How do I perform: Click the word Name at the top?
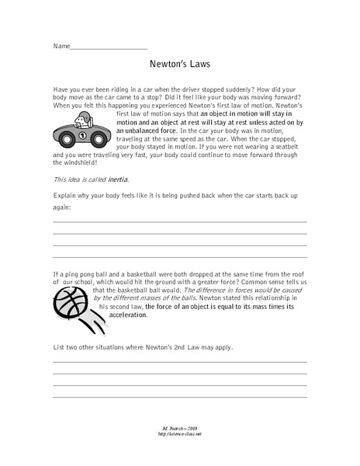pyautogui.click(x=61, y=46)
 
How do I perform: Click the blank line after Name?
pyautogui.click(x=108, y=47)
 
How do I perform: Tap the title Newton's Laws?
pyautogui.click(x=179, y=68)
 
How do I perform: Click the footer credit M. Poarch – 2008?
pyautogui.click(x=179, y=428)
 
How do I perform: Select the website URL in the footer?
pyautogui.click(x=179, y=434)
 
